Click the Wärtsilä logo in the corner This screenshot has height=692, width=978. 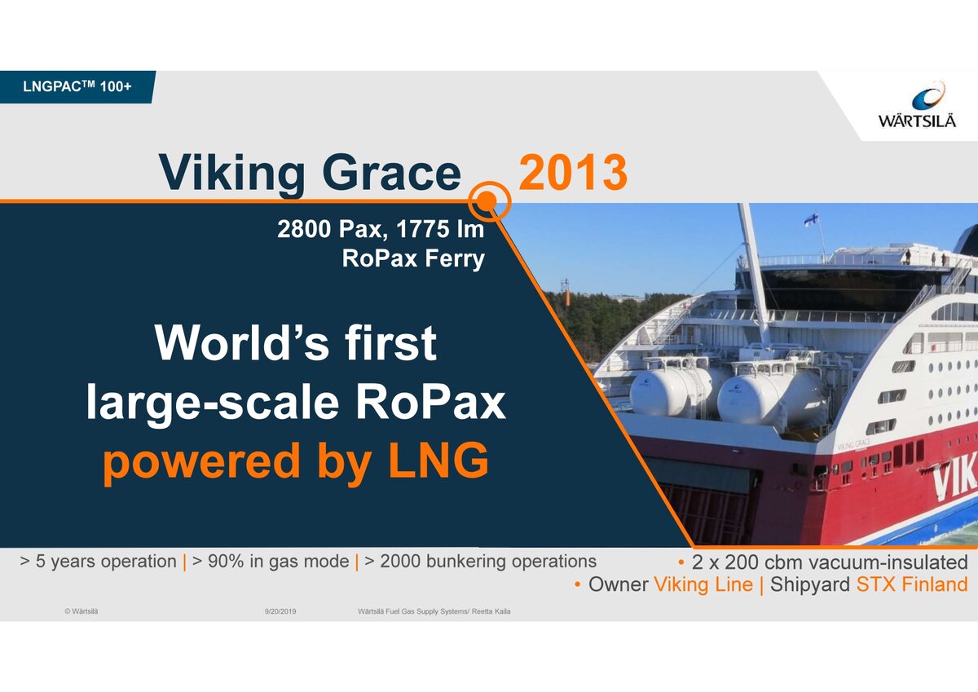click(x=917, y=105)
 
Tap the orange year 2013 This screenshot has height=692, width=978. click(x=573, y=173)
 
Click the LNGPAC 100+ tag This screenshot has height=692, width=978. click(x=77, y=86)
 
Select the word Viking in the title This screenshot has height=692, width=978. click(x=231, y=174)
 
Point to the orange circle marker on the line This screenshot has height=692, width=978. click(x=489, y=201)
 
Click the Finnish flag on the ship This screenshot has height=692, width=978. click(x=811, y=218)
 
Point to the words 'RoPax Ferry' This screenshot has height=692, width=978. click(x=413, y=258)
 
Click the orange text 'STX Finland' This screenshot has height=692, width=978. click(x=912, y=584)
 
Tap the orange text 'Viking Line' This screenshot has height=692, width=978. click(x=703, y=584)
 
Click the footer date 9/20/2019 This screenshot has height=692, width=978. click(x=280, y=611)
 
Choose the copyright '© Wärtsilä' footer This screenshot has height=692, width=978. click(x=81, y=611)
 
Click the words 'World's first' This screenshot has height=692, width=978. click(x=296, y=343)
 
